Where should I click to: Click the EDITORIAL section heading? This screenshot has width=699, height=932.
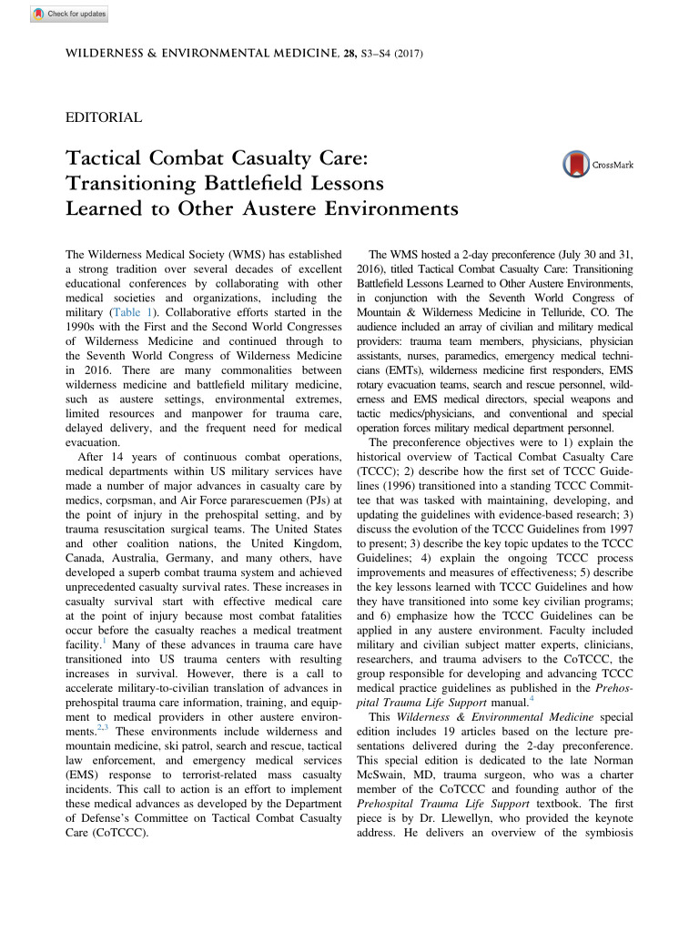tap(105, 117)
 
